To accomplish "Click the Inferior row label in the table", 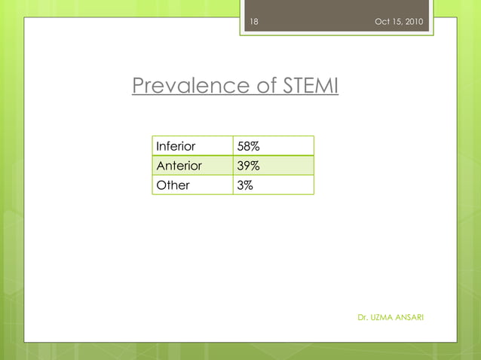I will tap(175, 146).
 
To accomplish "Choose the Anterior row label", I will tap(178, 165).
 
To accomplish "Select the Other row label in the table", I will tap(173, 185).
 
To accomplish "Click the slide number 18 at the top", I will tap(254, 21).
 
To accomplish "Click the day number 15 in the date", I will tap(397, 21).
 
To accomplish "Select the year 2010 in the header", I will tap(415, 21).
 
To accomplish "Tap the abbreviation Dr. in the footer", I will tap(362, 317).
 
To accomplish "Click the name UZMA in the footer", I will tap(381, 317).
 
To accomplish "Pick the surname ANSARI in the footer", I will tap(409, 317).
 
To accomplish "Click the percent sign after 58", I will tap(256, 146).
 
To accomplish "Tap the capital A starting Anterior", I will tap(160, 165).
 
